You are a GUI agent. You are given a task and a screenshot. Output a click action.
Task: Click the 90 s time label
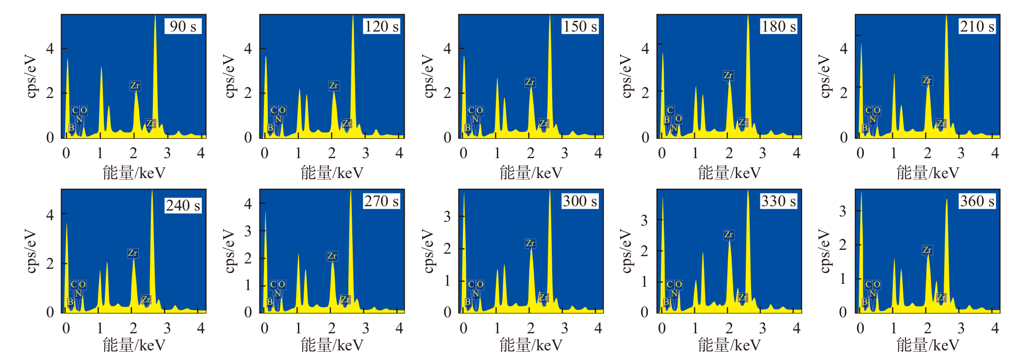tap(183, 26)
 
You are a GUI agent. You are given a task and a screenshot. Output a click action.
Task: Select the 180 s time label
tap(778, 26)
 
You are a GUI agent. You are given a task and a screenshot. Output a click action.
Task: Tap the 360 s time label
tap(977, 201)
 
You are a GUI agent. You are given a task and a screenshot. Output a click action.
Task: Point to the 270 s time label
tap(381, 201)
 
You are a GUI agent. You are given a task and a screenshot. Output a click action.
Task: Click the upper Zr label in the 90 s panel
tap(135, 86)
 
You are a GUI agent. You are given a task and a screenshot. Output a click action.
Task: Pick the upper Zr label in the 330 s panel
tap(728, 235)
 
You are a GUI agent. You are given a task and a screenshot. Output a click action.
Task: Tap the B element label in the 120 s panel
tap(270, 128)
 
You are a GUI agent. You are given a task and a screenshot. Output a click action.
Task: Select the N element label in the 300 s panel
tap(475, 294)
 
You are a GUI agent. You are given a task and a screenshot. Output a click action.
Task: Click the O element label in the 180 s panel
tap(678, 118)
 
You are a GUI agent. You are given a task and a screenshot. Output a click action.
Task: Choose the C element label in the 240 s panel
tap(74, 284)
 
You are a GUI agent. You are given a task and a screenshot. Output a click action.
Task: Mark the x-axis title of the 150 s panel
tap(531, 173)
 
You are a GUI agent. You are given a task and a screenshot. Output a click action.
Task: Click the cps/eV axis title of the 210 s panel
tap(824, 76)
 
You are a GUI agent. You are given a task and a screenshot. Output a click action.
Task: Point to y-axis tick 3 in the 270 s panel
tap(247, 231)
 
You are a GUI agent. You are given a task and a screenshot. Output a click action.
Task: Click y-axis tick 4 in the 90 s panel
tap(49, 49)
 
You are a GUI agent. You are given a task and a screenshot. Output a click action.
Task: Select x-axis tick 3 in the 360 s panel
tap(961, 328)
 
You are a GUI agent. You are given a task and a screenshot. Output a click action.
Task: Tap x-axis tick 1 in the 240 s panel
tap(99, 328)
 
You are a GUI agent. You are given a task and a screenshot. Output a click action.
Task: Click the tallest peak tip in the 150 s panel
tap(550, 16)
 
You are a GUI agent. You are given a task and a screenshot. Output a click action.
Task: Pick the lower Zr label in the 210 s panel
tap(941, 123)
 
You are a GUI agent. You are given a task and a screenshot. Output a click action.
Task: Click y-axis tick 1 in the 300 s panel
tap(447, 281)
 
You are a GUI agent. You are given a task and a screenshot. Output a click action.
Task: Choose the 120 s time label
tap(381, 26)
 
